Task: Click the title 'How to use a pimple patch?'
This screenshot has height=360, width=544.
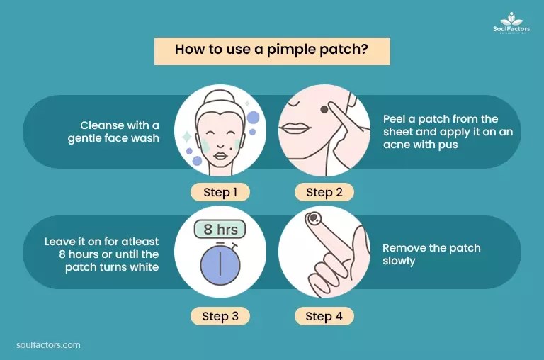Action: click(272, 51)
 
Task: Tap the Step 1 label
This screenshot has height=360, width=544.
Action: click(220, 192)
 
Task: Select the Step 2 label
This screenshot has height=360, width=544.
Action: click(324, 192)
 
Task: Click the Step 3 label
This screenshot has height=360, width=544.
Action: click(220, 316)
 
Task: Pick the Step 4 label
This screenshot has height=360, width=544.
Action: click(324, 316)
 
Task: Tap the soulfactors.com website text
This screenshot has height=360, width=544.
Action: click(48, 345)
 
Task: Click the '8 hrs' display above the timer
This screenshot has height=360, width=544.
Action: click(220, 229)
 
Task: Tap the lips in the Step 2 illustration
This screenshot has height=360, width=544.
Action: click(295, 128)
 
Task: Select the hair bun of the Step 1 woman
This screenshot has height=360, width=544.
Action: click(220, 93)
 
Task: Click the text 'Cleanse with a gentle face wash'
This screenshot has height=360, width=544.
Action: click(113, 131)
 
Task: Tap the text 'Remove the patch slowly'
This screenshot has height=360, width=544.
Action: click(431, 254)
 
